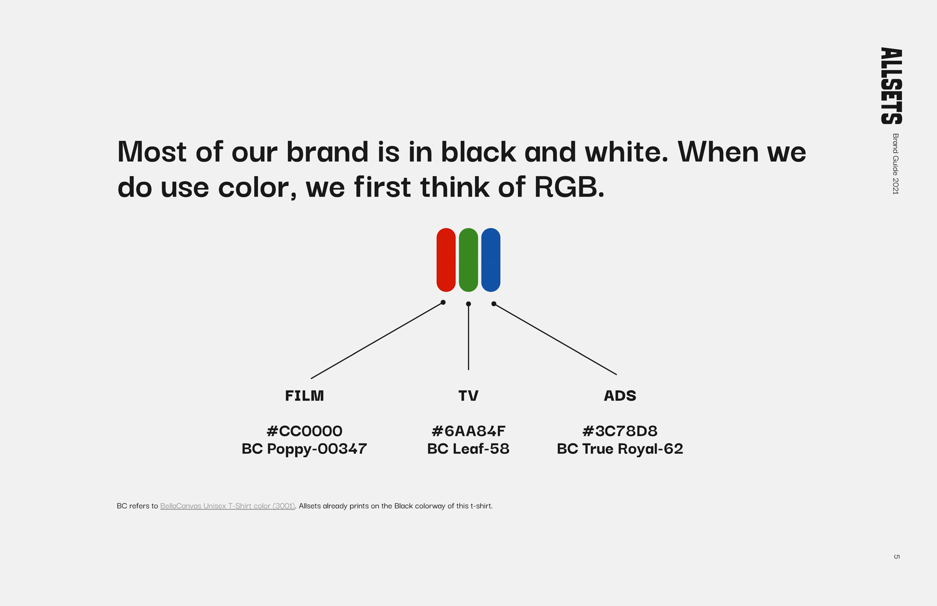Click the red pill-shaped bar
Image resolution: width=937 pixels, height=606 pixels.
click(x=446, y=260)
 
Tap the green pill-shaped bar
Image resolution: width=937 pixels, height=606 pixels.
click(x=468, y=260)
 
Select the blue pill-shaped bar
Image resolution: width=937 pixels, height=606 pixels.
click(x=491, y=260)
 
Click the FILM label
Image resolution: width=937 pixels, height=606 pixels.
click(x=305, y=396)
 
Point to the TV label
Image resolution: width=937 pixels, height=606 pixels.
click(x=468, y=396)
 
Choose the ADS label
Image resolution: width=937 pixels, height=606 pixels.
click(x=620, y=396)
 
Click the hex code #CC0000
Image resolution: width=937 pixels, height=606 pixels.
click(x=305, y=431)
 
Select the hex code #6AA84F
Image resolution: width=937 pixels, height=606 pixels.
click(x=468, y=431)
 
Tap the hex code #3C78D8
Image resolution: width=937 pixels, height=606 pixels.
click(x=620, y=431)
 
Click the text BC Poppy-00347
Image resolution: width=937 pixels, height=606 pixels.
click(x=305, y=449)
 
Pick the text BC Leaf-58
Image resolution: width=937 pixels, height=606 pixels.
click(x=468, y=449)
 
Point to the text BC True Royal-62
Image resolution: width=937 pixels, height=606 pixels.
click(x=620, y=449)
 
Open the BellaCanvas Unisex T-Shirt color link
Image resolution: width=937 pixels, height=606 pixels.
click(x=227, y=506)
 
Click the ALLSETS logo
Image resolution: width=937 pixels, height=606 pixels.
click(x=892, y=86)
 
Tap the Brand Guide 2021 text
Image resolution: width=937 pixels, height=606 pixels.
click(x=896, y=164)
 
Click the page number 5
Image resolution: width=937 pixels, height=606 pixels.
click(x=896, y=557)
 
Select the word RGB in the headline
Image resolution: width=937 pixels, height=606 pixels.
click(x=569, y=187)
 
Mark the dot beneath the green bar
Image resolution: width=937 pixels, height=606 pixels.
click(x=468, y=304)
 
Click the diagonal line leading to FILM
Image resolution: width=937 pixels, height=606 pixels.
click(x=377, y=341)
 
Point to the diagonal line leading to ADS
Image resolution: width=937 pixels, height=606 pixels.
click(x=555, y=339)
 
